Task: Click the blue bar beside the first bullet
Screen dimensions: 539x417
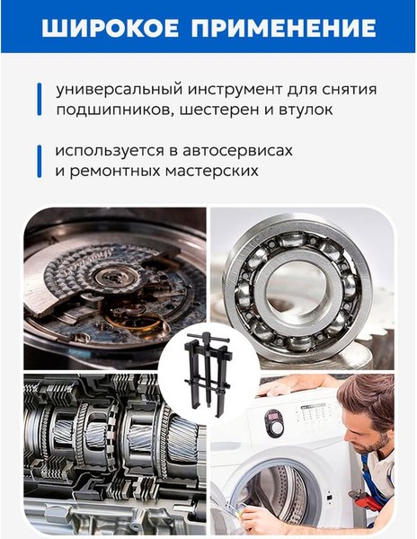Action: pos(40,100)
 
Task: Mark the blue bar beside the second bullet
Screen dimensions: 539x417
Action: pos(40,159)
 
